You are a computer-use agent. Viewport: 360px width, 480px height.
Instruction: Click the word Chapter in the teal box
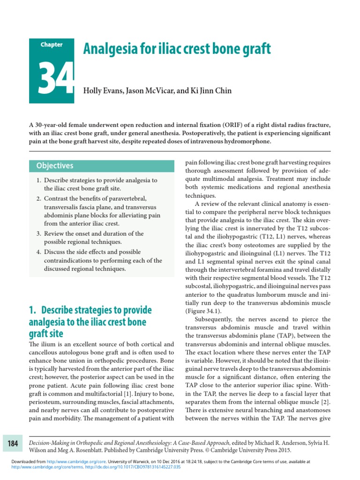(x=51, y=45)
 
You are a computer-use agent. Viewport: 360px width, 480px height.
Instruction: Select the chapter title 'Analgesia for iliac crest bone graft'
(x=177, y=48)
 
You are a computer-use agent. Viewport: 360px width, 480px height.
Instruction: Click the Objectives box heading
(x=55, y=165)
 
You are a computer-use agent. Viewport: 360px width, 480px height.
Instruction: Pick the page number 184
(x=13, y=443)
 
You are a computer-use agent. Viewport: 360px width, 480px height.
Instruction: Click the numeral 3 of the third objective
(x=38, y=233)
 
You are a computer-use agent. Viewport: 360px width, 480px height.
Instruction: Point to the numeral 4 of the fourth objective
(x=38, y=252)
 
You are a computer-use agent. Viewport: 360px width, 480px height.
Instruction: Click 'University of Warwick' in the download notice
(x=135, y=462)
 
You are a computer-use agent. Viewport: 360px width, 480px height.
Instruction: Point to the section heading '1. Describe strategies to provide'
(x=90, y=310)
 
